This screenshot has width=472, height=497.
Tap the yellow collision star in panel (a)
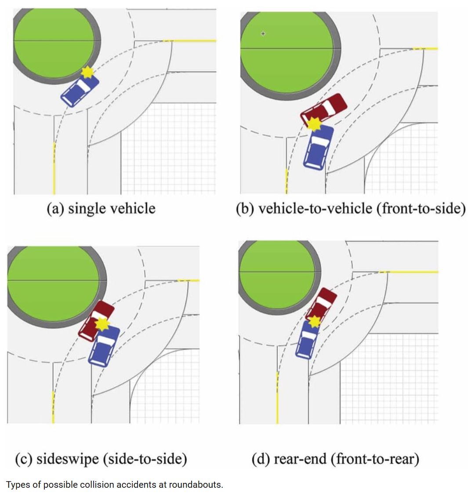coord(88,72)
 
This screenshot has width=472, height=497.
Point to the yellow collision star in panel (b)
coord(314,124)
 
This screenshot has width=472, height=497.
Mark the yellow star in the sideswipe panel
coord(102,324)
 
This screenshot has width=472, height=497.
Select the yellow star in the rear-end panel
coord(314,322)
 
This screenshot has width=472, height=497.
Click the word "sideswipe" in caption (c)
coord(67,459)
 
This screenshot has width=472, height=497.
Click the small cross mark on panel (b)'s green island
coord(263,33)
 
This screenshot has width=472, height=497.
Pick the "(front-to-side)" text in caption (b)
coord(421,208)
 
